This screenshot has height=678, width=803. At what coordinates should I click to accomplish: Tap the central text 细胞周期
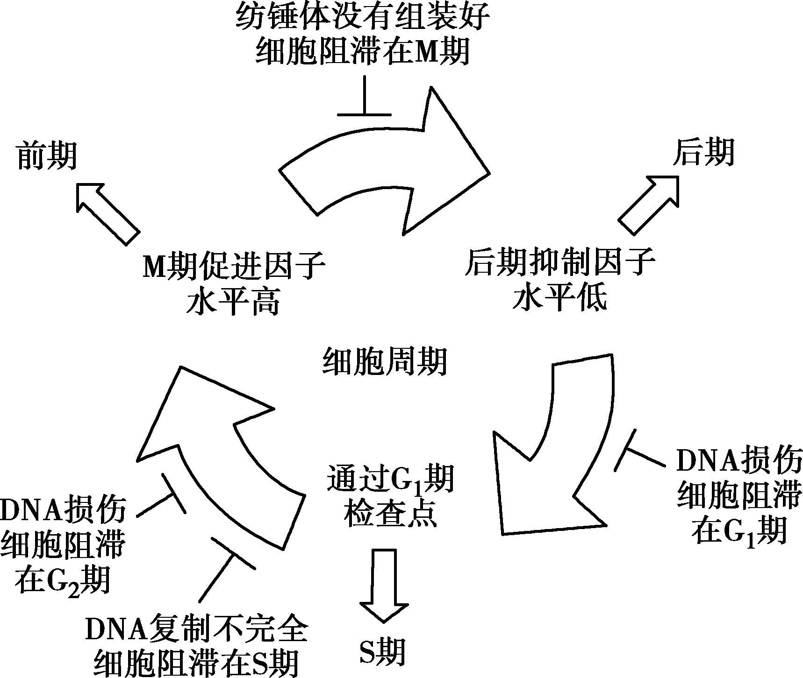[x=385, y=360]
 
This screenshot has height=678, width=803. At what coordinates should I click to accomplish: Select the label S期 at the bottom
[x=382, y=651]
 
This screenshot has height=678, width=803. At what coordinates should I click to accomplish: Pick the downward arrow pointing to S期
[x=383, y=584]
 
